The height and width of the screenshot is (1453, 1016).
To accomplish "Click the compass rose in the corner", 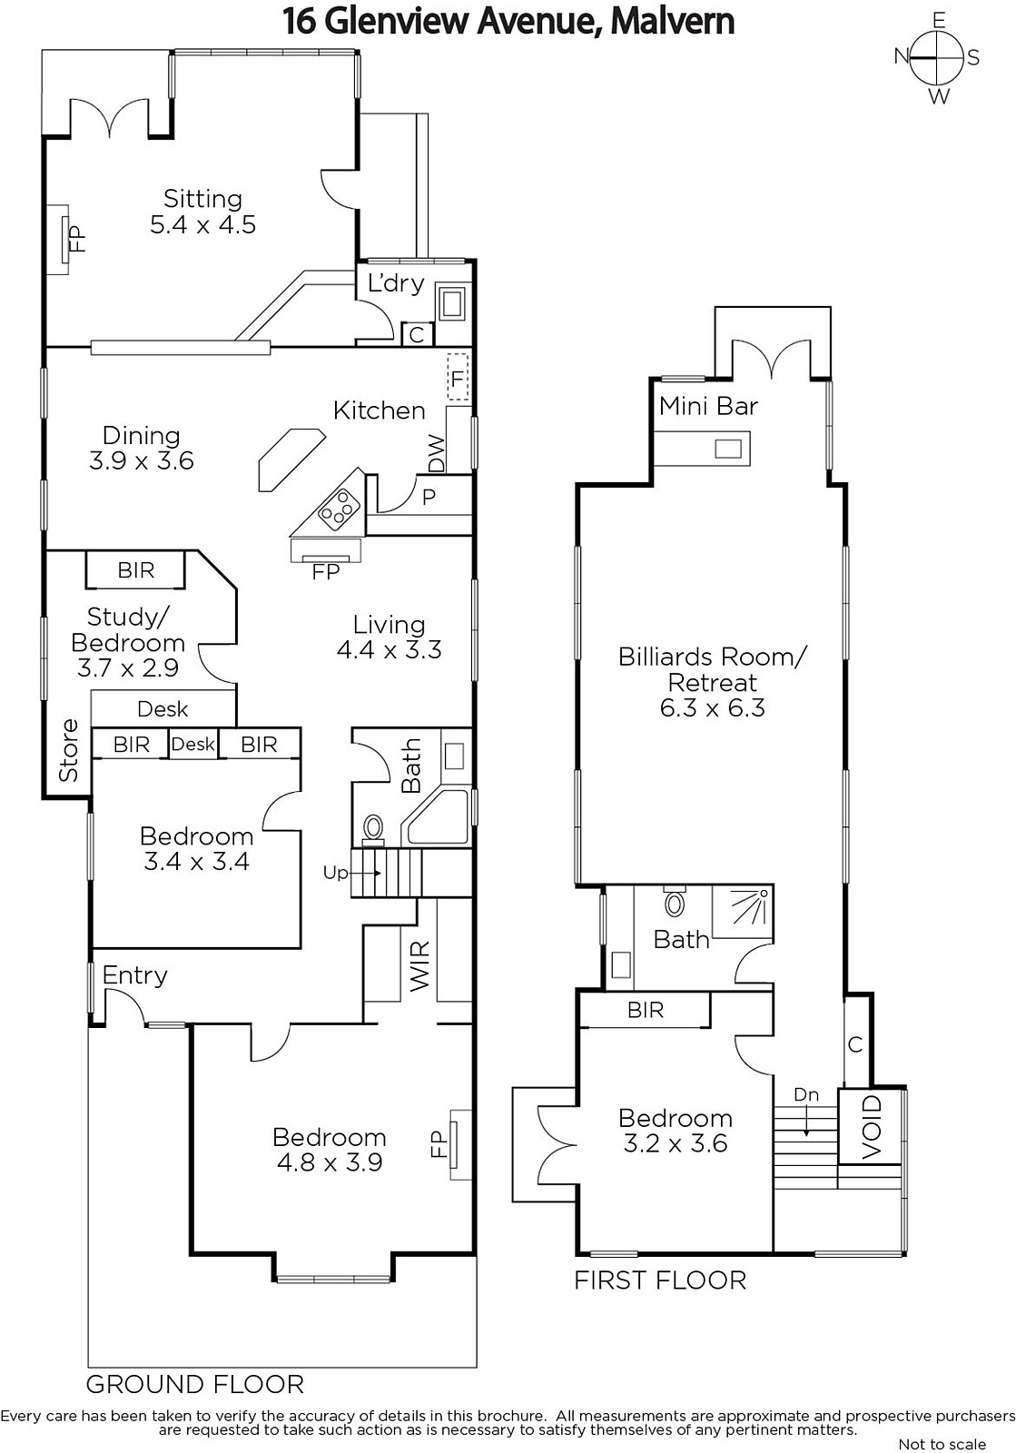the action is [938, 58].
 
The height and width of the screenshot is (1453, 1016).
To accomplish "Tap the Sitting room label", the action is [203, 198].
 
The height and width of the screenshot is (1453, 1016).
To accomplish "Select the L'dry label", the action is [396, 282].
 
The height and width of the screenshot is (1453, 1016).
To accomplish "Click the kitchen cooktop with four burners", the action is [340, 509].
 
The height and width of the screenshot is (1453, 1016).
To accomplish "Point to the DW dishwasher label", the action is [437, 453].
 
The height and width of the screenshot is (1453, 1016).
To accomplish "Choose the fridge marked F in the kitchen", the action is [459, 377].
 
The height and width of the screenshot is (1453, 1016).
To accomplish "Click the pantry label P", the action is [429, 497].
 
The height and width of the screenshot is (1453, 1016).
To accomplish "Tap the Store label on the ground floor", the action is [69, 750].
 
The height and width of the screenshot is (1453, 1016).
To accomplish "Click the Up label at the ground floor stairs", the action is [335, 873].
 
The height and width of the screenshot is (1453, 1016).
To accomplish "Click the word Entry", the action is [135, 975].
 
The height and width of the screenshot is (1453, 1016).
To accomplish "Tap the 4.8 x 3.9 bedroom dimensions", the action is [330, 1161].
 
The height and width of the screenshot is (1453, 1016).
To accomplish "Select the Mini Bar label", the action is [708, 406].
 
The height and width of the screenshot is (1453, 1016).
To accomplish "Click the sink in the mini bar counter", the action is [728, 449].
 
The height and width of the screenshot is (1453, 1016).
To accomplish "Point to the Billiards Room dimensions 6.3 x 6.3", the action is [712, 707].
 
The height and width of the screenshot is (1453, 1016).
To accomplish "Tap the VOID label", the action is [872, 1127].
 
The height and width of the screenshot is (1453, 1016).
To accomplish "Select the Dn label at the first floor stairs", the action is [806, 1095].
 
